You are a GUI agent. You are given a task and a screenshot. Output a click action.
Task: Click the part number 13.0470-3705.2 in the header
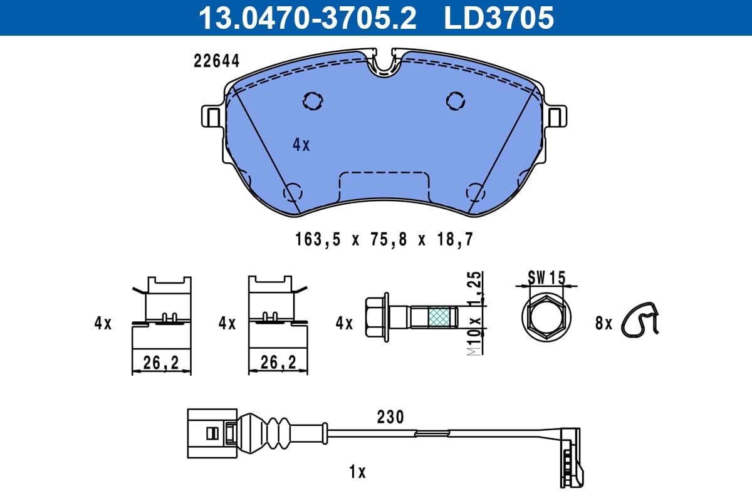click(x=307, y=18)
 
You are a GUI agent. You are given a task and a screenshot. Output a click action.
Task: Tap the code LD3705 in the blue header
click(x=499, y=18)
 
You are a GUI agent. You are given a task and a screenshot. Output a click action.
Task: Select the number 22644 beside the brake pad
click(x=217, y=61)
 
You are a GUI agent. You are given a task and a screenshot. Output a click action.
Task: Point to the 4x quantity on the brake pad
click(x=301, y=145)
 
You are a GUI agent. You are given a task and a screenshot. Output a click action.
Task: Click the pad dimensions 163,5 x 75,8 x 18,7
click(x=384, y=240)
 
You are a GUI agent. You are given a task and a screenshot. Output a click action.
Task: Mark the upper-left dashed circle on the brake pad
click(x=313, y=101)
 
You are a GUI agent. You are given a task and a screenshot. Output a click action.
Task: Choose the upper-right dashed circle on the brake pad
click(x=456, y=101)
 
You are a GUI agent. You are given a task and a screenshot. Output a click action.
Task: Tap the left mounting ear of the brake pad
click(x=211, y=116)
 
